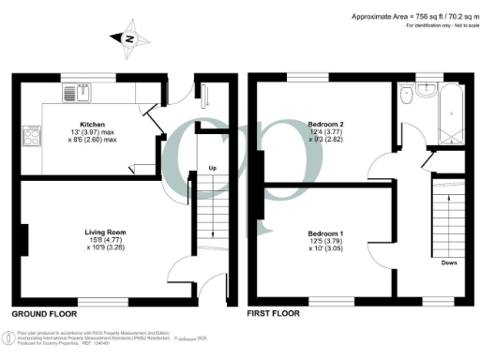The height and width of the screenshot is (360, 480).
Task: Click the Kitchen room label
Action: pos(92,124)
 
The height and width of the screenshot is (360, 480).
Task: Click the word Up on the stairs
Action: pos(214,170)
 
